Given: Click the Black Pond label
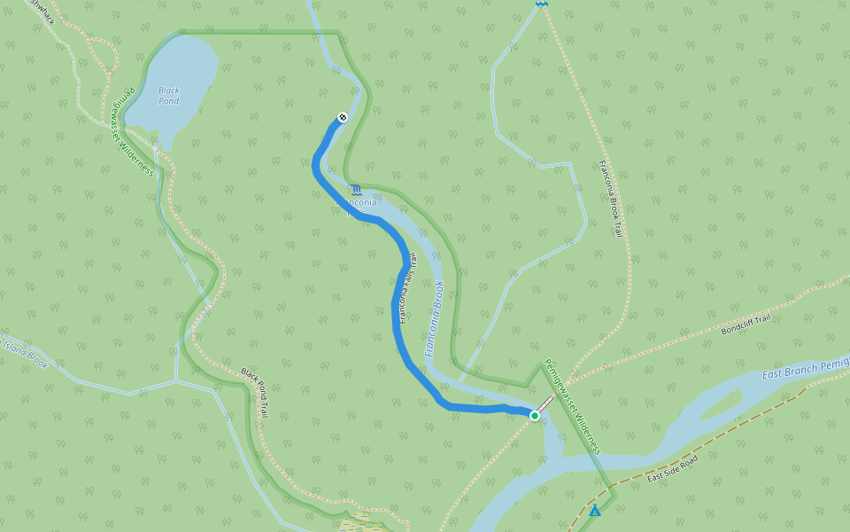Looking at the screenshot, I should pos(168,95).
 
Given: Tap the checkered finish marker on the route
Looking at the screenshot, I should pos(343,117).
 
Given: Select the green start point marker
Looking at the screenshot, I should pos(535,415).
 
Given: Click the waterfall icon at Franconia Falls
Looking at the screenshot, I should pos(355,190).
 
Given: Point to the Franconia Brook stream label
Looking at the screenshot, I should pos(435,319).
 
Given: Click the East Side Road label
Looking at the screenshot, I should pos(673,468).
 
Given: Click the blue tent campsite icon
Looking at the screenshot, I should pos(595,511).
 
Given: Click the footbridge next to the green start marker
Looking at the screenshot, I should pos(543,407).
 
